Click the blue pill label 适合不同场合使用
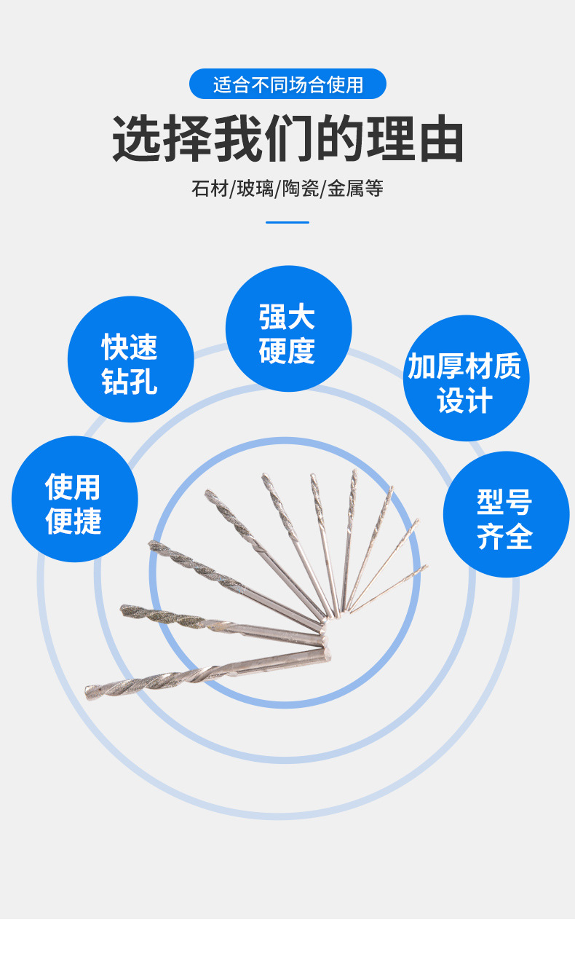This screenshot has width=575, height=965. [287, 84]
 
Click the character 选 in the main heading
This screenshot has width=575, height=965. [137, 138]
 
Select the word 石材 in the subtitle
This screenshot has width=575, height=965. [210, 189]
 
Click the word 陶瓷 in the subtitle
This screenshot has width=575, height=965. [301, 189]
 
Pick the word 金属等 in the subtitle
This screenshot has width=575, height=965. [355, 189]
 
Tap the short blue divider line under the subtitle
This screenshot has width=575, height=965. [287, 222]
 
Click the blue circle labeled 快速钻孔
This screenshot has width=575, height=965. [130, 359]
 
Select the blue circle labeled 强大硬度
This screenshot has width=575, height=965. [288, 328]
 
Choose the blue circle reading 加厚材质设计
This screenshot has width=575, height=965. [466, 378]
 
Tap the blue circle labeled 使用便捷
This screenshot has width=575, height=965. [74, 499]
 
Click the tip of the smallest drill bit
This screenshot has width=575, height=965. [425, 566]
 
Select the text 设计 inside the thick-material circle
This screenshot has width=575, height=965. [465, 401]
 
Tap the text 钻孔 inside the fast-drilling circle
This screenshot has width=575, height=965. [130, 382]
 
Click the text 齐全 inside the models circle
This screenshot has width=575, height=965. [505, 537]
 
